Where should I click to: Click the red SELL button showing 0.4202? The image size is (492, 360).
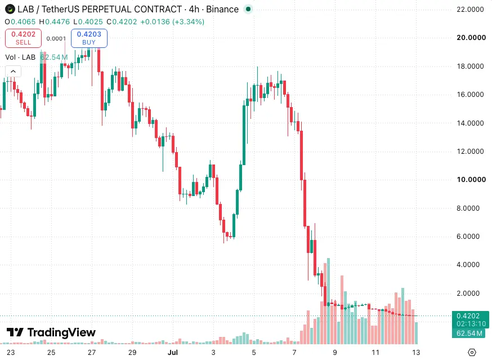click(x=23, y=38)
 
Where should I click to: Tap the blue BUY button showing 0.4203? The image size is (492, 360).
click(x=89, y=38)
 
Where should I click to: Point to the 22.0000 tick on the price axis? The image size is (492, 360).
click(x=470, y=10)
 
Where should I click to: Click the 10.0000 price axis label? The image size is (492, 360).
click(x=471, y=179)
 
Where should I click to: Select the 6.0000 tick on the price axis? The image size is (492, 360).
click(x=468, y=236)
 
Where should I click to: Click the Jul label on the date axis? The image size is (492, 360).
click(x=173, y=352)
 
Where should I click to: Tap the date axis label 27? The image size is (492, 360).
click(x=92, y=352)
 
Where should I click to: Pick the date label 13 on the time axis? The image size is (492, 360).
click(x=416, y=352)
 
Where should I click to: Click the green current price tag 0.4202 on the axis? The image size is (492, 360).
click(x=468, y=315)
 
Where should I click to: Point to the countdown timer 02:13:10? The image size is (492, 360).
click(x=471, y=324)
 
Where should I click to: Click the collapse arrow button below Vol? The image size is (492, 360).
click(x=13, y=72)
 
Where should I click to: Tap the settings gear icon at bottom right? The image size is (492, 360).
click(x=472, y=352)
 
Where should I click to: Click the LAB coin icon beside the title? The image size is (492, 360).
click(x=10, y=9)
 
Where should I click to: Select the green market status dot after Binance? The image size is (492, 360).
click(x=248, y=9)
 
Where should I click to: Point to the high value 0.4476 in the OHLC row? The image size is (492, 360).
click(x=57, y=21)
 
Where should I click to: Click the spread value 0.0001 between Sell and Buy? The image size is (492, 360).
click(x=56, y=39)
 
